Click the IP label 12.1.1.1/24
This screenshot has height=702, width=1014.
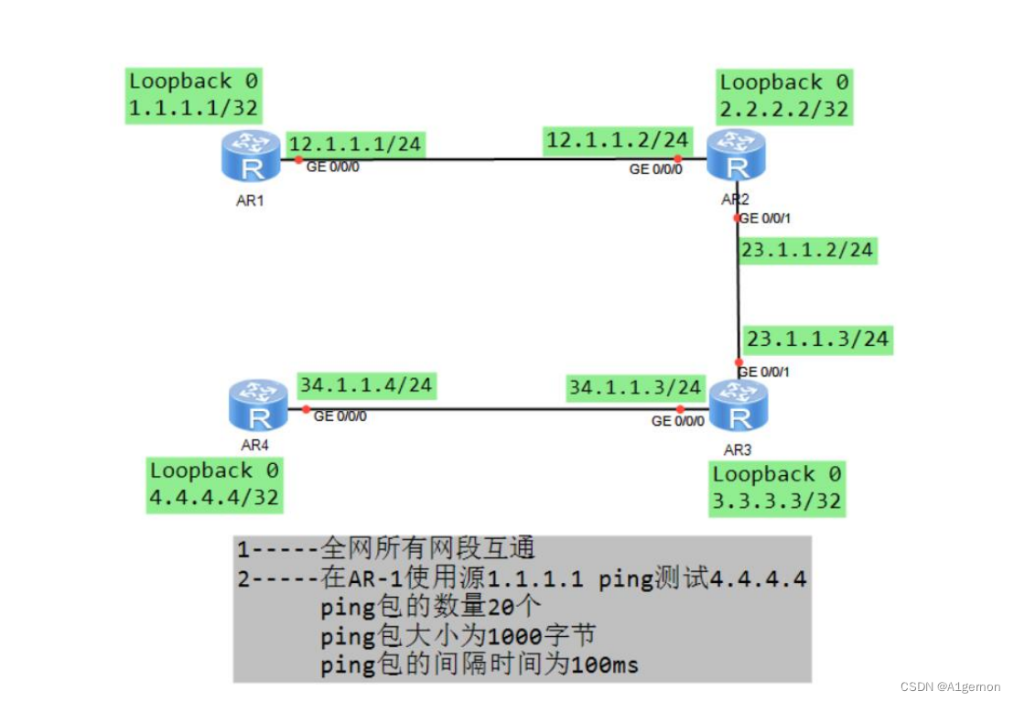(x=354, y=144)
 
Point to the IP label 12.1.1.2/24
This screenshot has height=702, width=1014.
(x=616, y=140)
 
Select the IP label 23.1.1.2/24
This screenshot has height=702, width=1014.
(x=807, y=250)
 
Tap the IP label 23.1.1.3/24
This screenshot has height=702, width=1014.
(x=817, y=339)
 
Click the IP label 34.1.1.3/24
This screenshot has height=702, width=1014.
(x=635, y=387)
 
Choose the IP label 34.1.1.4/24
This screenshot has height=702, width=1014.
(x=365, y=384)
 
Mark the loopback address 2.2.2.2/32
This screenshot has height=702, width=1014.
(x=784, y=110)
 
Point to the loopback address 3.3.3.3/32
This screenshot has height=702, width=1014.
(x=777, y=502)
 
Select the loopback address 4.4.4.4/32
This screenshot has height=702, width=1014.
(x=214, y=498)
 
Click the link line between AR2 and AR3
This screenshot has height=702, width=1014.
(x=738, y=293)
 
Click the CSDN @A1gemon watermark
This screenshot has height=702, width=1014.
(x=950, y=686)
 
